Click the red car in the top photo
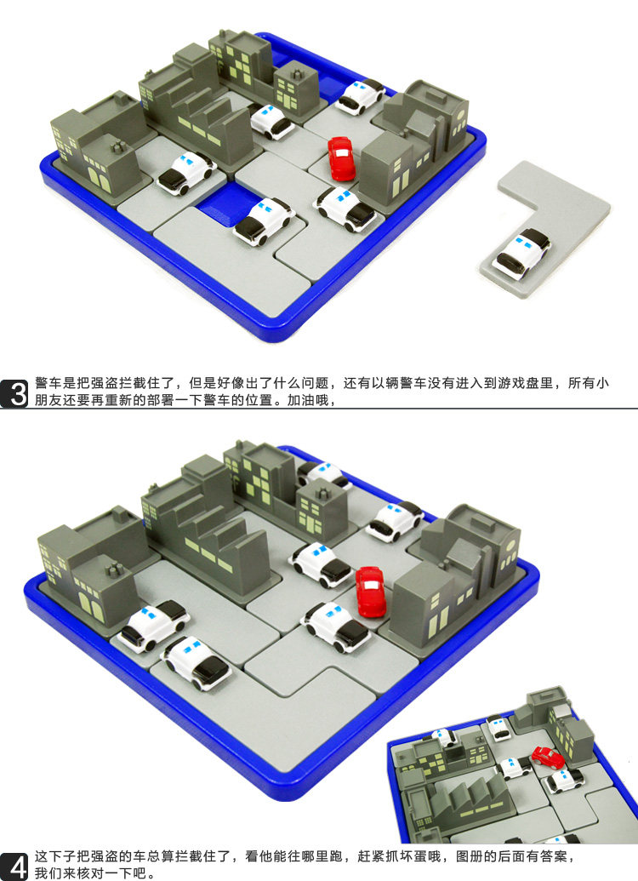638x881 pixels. coord(341,158)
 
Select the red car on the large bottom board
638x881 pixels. coord(369,591)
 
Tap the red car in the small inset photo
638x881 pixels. coord(548,758)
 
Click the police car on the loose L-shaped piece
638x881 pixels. coord(521,254)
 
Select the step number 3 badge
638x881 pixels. coord(14,392)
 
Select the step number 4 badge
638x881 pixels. coord(14,866)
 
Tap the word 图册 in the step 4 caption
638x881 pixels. coord(470,856)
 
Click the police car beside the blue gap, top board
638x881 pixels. coord(264,220)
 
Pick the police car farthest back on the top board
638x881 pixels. coord(360,96)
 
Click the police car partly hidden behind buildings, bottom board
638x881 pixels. coord(323,473)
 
